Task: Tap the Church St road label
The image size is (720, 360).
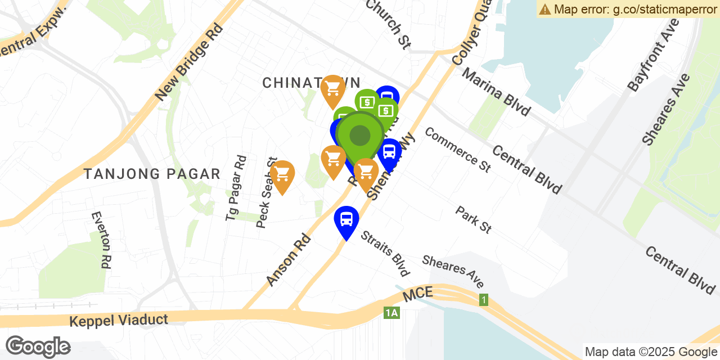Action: click(x=388, y=24)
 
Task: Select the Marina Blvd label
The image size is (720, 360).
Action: click(x=496, y=92)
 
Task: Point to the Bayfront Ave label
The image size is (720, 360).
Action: click(x=654, y=55)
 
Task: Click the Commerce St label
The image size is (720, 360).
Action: click(x=458, y=149)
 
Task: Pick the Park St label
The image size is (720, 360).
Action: click(x=474, y=219)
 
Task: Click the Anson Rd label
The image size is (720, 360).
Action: click(x=289, y=259)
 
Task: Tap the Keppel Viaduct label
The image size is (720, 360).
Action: click(x=119, y=321)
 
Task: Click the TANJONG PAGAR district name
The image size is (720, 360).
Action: click(x=152, y=174)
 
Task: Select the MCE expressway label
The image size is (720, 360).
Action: click(x=417, y=292)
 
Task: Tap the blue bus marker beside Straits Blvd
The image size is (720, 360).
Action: click(x=346, y=219)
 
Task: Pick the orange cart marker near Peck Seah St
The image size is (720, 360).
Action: click(x=282, y=174)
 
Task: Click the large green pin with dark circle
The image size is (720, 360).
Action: click(x=360, y=136)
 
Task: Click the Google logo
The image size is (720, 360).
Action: click(x=38, y=346)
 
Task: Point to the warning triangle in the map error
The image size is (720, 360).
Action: click(x=544, y=9)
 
